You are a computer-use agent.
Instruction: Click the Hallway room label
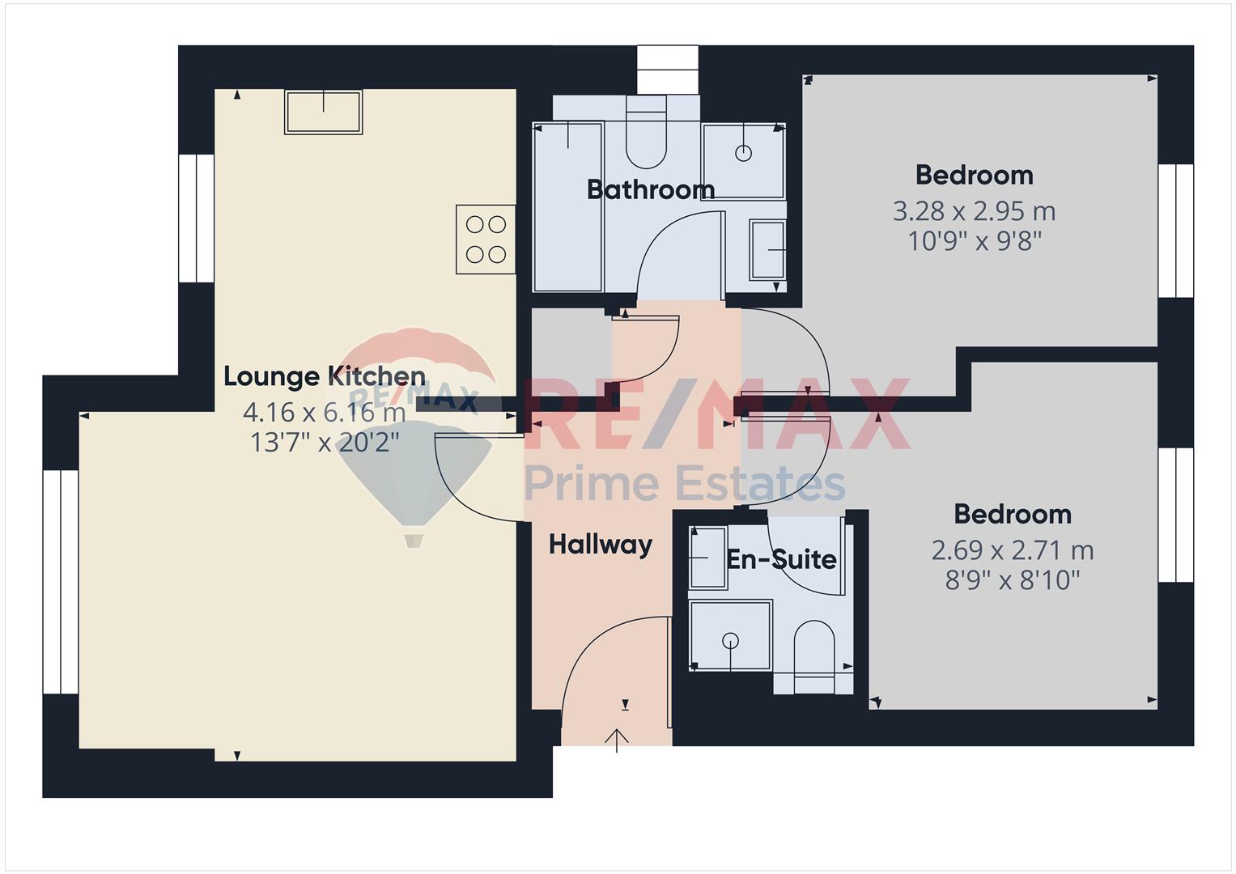[x=601, y=545]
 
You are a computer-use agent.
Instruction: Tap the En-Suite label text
[x=781, y=559]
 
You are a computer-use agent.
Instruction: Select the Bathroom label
[x=651, y=190]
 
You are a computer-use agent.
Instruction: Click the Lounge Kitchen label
[x=325, y=376]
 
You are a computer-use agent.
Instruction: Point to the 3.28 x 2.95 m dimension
[x=975, y=211]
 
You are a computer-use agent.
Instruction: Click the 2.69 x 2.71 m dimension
[x=1013, y=550]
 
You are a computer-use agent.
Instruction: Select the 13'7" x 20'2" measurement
[x=325, y=442]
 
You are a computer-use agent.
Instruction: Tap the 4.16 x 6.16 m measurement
[x=325, y=412]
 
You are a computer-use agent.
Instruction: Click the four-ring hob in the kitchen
[x=486, y=240]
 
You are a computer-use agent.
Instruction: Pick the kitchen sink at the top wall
[x=323, y=112]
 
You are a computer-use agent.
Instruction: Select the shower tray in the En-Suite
[x=730, y=635]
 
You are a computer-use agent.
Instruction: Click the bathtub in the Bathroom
[x=567, y=207]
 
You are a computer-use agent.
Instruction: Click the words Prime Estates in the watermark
[x=684, y=483]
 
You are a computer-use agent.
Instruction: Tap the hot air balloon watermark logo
[x=413, y=437]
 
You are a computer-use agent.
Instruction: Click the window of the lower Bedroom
[x=1175, y=515]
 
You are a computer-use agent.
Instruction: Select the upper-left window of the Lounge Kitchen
[x=197, y=218]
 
